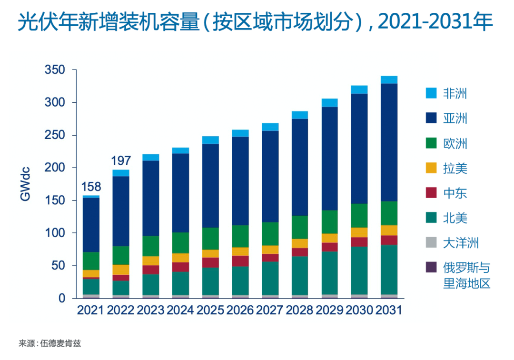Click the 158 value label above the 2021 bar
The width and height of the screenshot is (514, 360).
click(x=90, y=186)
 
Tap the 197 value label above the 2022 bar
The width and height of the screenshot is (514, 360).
click(x=120, y=160)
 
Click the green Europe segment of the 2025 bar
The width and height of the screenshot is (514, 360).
click(x=210, y=239)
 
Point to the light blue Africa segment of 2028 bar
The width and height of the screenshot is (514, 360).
click(x=299, y=115)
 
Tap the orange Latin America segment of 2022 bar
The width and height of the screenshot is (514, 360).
click(x=120, y=270)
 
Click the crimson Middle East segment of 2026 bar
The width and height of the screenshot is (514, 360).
click(x=240, y=261)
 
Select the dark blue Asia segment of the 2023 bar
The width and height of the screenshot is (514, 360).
click(x=150, y=198)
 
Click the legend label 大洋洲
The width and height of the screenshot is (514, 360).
click(x=461, y=243)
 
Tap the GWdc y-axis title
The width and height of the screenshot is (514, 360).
click(x=25, y=184)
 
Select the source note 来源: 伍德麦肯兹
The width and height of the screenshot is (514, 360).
click(x=47, y=343)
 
